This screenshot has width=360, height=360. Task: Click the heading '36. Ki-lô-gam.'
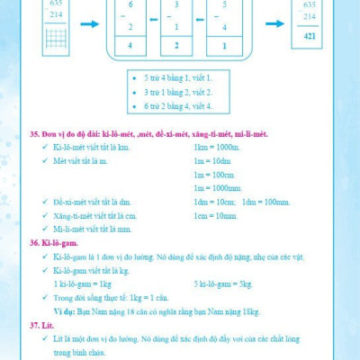tap(50, 243)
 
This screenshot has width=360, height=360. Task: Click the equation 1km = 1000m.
tap(216, 147)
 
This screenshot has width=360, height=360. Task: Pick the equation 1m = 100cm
tap(214, 175)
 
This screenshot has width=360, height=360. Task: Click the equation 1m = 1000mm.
tap(218, 188)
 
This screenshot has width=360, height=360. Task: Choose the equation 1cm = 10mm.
tap(214, 216)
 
